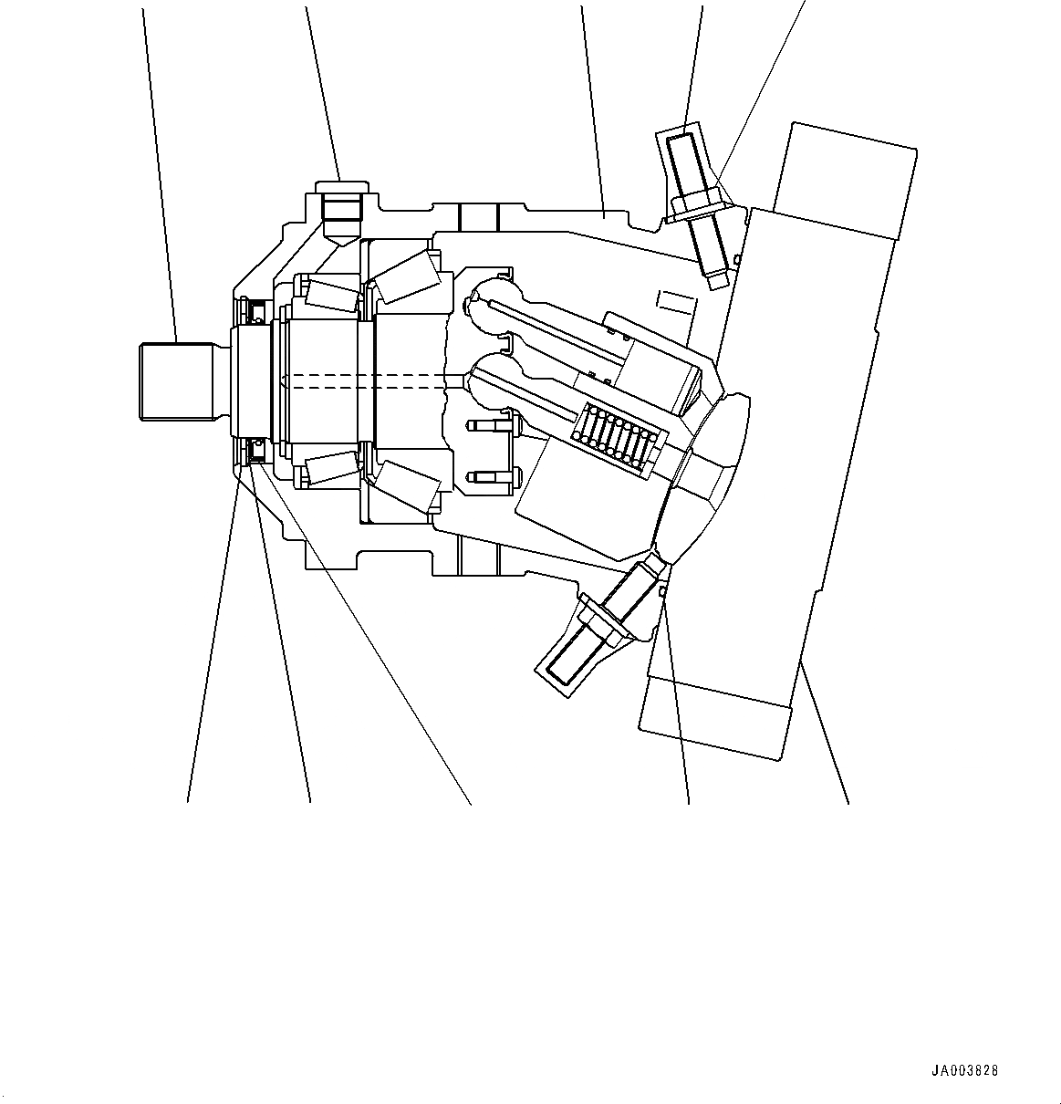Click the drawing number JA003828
964,1071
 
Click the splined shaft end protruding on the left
176,380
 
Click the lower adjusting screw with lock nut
598,620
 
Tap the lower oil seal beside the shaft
256,449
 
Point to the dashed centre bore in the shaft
365,381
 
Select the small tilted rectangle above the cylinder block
676,303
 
